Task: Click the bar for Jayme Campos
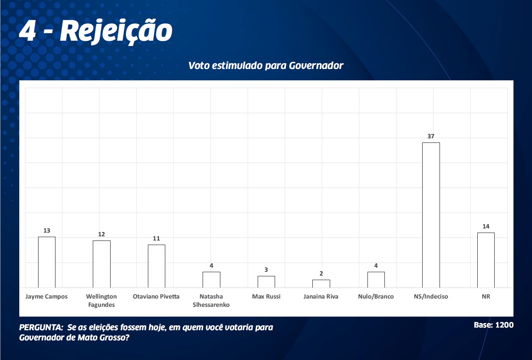pos(47,262)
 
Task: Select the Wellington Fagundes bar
pos(101,264)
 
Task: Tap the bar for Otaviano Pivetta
pos(157,266)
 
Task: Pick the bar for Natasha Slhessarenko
pos(211,280)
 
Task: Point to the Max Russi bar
pos(266,282)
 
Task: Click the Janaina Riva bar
pos(321,283)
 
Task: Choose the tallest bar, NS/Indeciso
pos(431,215)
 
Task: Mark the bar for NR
pos(486,260)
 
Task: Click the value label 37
pos(431,136)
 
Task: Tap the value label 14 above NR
pos(486,226)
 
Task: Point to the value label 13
pos(47,230)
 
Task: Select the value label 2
pos(321,273)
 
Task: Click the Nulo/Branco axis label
pos(376,296)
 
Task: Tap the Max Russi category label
pos(266,296)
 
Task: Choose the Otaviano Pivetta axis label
pos(156,296)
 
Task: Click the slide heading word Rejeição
pos(116,31)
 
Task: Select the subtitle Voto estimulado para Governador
pos(266,66)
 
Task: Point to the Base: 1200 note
pos(494,325)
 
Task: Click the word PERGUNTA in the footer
pos(41,327)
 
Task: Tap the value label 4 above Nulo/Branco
pos(376,265)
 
